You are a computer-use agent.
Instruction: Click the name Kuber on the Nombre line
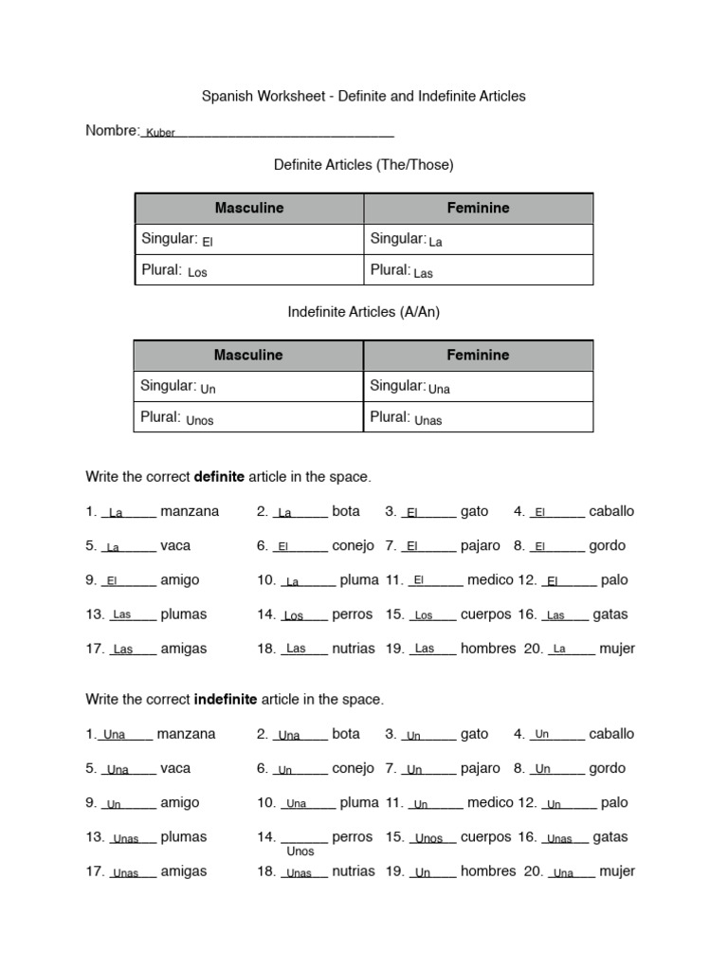point(160,134)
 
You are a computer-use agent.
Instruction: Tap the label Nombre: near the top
point(112,131)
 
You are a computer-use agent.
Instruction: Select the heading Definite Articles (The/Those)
point(364,165)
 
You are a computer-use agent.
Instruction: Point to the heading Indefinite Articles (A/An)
point(364,312)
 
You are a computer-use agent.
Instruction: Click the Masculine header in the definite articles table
point(249,208)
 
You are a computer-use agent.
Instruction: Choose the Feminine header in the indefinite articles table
point(479,355)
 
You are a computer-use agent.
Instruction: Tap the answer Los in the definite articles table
point(197,273)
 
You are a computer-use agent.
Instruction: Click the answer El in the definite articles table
point(208,242)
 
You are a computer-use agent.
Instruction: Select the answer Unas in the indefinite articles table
point(428,420)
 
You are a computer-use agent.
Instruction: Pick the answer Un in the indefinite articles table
point(209,389)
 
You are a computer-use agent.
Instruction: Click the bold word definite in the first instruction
point(219,476)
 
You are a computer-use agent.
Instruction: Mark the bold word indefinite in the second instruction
point(226,699)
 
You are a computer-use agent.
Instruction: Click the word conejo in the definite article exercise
point(353,545)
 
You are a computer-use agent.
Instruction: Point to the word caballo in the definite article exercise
point(611,511)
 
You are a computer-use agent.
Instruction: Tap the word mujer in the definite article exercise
point(617,649)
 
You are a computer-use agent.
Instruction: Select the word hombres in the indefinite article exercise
point(488,870)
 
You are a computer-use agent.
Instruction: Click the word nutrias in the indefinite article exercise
point(354,870)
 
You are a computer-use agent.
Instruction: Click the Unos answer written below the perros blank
point(300,852)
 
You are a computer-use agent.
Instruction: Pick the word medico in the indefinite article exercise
point(490,802)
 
